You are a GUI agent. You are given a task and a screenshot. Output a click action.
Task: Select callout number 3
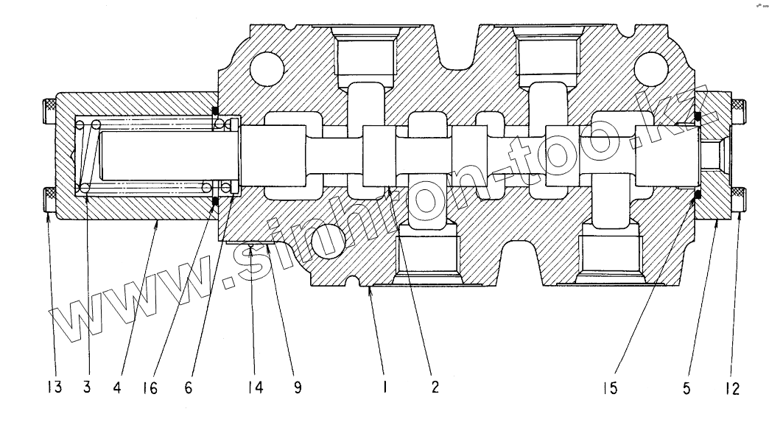tap(87, 387)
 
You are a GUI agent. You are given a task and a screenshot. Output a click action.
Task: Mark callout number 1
tap(384, 387)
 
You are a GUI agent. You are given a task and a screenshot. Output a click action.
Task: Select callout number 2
tap(435, 387)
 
